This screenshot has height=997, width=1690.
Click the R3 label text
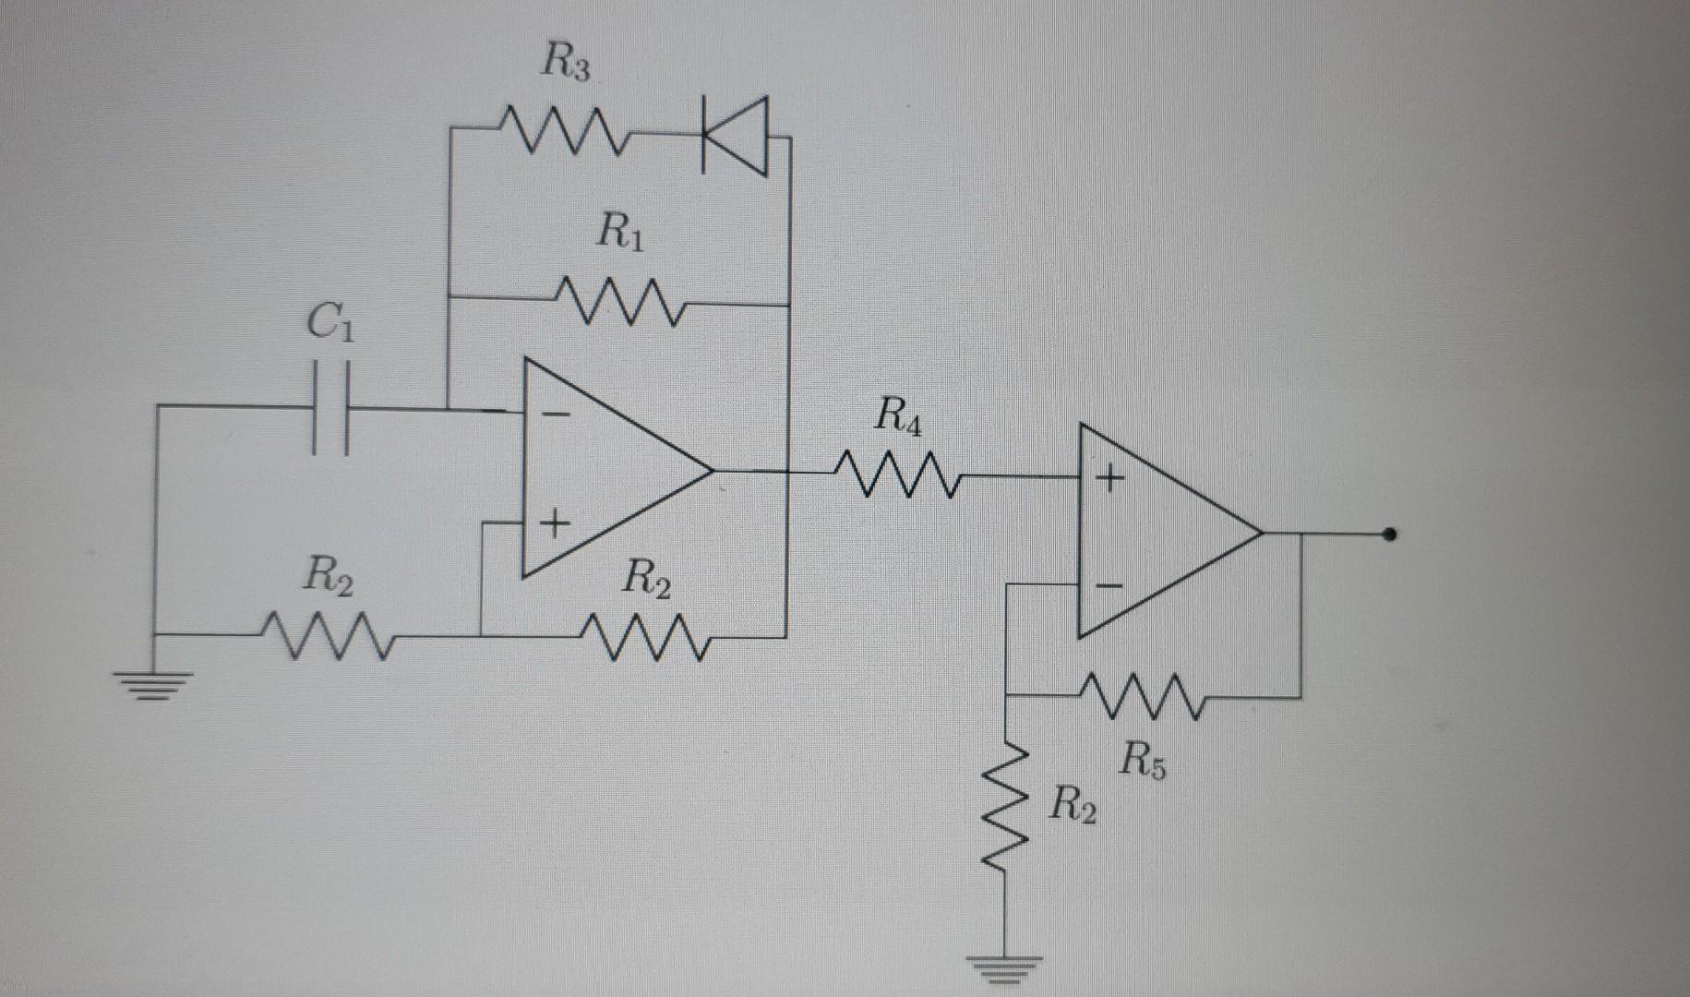coord(565,65)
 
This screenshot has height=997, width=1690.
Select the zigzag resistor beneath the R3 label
coord(566,133)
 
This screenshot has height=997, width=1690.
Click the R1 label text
coord(621,231)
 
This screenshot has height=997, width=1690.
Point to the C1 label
coord(329,324)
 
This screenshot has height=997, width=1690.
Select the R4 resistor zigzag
coord(899,475)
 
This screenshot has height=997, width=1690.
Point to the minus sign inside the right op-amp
coord(1109,585)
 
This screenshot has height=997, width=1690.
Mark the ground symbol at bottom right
coord(1005,969)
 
